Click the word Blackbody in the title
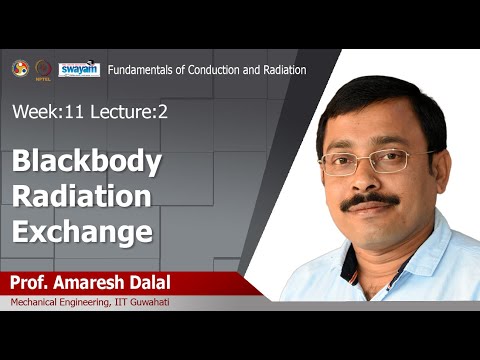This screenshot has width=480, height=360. [x=87, y=162]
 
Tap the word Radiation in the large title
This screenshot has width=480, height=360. [x=83, y=197]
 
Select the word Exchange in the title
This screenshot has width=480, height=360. [x=83, y=232]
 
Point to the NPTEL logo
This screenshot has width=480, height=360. [x=43, y=69]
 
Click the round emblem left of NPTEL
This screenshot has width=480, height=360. [x=19, y=68]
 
